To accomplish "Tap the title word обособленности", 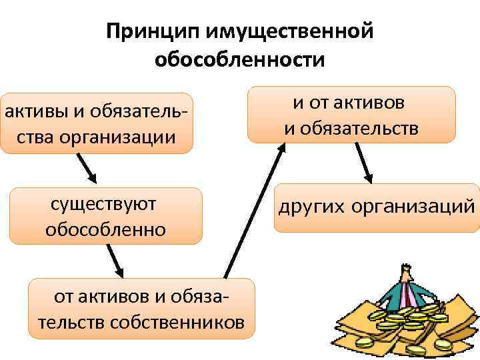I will pos(240,60).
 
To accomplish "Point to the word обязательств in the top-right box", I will pos(352,127).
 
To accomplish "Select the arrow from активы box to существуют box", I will pos(86,169).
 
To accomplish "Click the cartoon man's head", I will pos(405,274).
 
